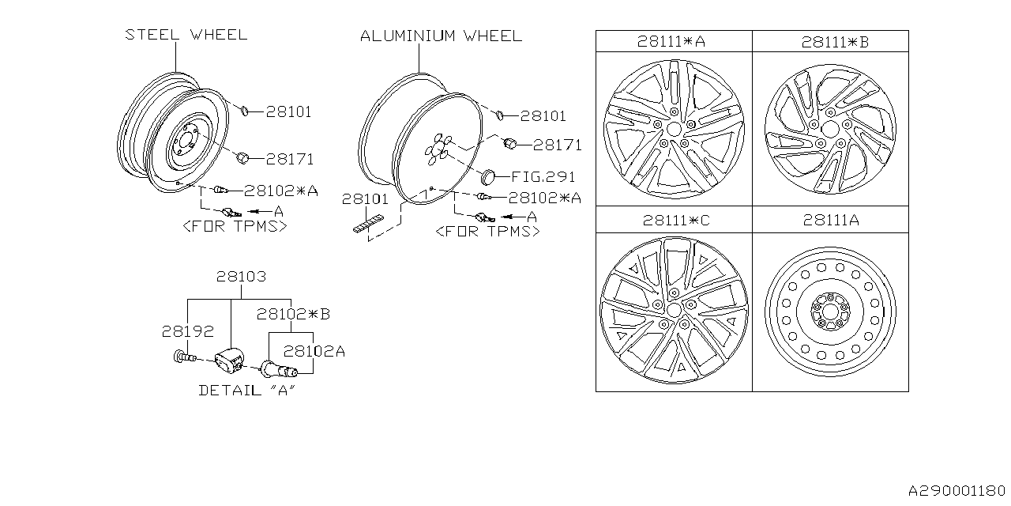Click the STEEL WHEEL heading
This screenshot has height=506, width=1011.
(x=186, y=35)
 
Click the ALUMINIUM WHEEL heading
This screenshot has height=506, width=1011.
(x=441, y=36)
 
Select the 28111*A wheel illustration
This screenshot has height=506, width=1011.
(x=673, y=130)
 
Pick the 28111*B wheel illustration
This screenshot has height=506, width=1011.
(x=830, y=130)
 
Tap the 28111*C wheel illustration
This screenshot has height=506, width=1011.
(x=673, y=311)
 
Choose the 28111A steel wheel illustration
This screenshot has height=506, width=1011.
(x=830, y=312)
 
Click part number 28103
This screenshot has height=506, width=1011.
(x=241, y=277)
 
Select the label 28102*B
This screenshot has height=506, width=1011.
(x=292, y=314)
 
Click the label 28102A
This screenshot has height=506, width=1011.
(x=314, y=351)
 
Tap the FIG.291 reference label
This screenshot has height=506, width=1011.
(x=543, y=177)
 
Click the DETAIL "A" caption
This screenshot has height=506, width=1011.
(x=246, y=391)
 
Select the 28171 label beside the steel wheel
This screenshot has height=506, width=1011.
(x=289, y=159)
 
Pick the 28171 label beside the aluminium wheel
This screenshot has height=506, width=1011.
(x=557, y=145)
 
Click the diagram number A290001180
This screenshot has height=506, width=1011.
(x=957, y=490)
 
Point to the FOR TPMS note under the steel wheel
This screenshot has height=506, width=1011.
(x=235, y=226)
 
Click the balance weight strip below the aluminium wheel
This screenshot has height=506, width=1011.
(x=367, y=224)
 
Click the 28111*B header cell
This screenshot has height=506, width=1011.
(x=830, y=42)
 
